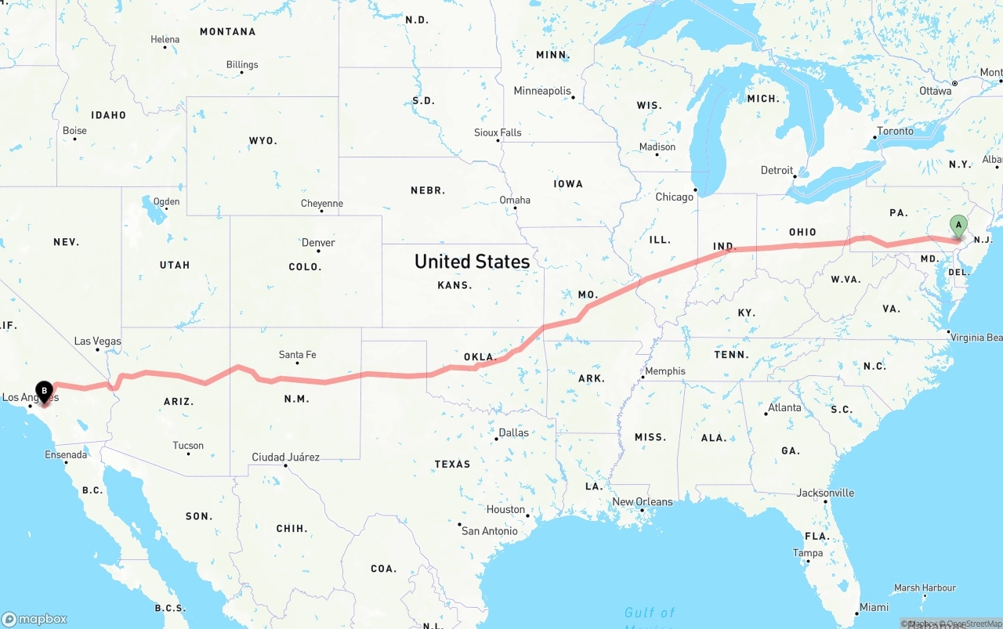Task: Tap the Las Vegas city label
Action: click(97, 342)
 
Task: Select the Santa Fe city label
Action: click(297, 355)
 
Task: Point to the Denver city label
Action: click(318, 243)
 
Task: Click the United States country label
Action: click(472, 261)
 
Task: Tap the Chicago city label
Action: click(674, 197)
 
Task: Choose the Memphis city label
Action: click(664, 371)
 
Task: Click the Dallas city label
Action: click(513, 432)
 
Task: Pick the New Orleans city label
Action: click(642, 502)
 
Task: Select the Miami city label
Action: click(874, 607)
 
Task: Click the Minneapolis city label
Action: click(542, 91)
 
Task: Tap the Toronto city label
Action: click(895, 131)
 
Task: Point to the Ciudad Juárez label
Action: click(285, 457)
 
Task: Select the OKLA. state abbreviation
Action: click(480, 357)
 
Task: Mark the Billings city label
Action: click(241, 65)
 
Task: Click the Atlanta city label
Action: click(784, 407)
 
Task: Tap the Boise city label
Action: click(74, 131)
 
